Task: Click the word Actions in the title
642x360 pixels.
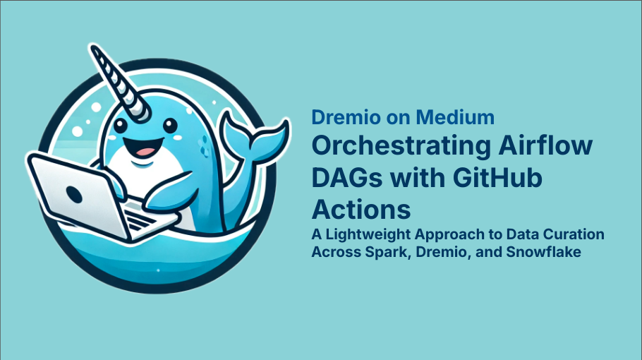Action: [x=361, y=210]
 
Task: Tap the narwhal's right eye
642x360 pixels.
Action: [x=168, y=128]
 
